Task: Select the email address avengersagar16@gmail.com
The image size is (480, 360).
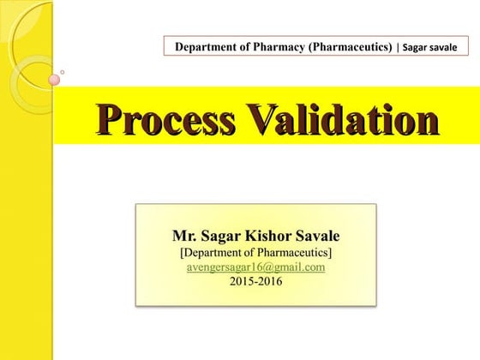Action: point(255,267)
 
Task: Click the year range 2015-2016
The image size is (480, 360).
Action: point(255,280)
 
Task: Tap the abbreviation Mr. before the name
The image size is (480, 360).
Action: point(184,236)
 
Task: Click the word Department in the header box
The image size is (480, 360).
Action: point(206,46)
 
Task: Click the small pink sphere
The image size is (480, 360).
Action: point(54,80)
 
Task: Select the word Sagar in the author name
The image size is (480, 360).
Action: point(218,236)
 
